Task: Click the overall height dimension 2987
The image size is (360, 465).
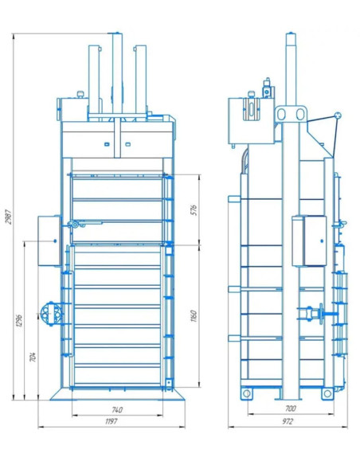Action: [x=9, y=217]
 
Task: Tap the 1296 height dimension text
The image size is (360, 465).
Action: [x=19, y=320]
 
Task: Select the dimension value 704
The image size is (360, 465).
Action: [x=33, y=357]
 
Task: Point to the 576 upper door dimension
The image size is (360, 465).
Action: [x=194, y=210]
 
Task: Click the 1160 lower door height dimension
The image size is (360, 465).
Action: [x=194, y=316]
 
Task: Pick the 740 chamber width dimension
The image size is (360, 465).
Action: [x=117, y=410]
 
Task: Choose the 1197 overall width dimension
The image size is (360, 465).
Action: [x=112, y=421]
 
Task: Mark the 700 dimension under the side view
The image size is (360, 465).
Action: [x=291, y=408]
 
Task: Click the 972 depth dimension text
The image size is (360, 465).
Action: [x=288, y=421]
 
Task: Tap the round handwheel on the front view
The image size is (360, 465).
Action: [x=51, y=314]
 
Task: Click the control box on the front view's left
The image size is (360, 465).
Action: [x=49, y=241]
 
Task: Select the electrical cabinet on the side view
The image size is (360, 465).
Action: [x=309, y=241]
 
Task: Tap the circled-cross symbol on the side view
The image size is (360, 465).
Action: [x=338, y=115]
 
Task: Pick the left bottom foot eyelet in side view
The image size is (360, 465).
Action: [x=246, y=393]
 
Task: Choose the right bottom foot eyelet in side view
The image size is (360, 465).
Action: [x=327, y=393]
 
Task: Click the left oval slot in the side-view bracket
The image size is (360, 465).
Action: [x=282, y=114]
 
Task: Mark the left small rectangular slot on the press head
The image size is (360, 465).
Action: [x=107, y=144]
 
